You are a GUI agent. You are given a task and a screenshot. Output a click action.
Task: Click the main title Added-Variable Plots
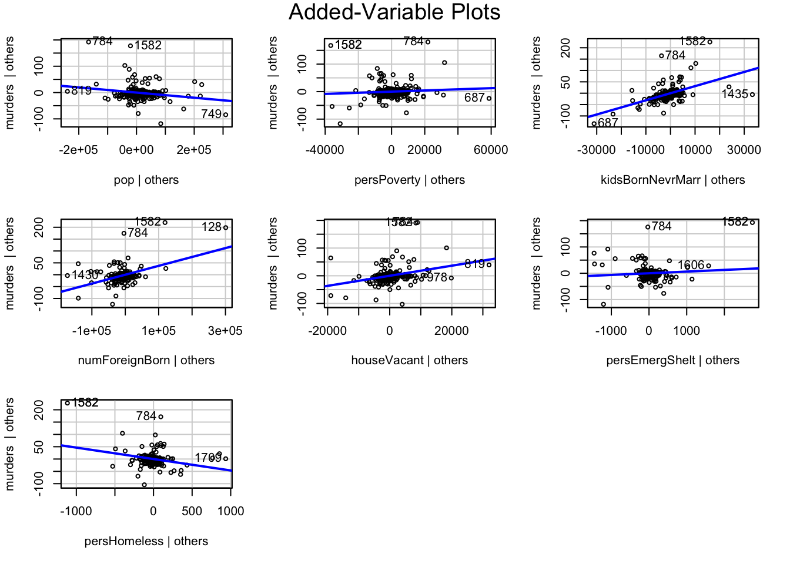[x=394, y=12]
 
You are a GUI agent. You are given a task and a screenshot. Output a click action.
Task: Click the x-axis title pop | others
[x=146, y=180]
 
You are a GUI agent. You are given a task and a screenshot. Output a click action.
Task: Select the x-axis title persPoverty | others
[x=410, y=180]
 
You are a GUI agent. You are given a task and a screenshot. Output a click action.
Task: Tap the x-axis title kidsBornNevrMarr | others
[x=672, y=180]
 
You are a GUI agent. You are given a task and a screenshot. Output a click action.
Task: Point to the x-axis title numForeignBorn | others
[x=146, y=360]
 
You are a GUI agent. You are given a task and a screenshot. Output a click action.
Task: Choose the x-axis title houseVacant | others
[x=410, y=360]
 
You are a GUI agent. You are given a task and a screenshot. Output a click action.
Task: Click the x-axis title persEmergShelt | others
[x=672, y=360]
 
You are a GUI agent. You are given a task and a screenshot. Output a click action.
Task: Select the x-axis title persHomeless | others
[x=146, y=541]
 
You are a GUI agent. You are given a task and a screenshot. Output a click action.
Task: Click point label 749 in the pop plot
[x=211, y=114]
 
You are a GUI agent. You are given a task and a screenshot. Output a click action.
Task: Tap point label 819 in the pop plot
[x=82, y=90]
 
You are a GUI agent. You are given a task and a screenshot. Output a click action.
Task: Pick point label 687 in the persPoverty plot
[x=474, y=98]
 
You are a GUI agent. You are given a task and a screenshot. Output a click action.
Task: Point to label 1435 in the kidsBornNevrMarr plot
[x=735, y=94]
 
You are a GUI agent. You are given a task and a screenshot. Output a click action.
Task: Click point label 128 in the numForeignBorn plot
[x=211, y=227]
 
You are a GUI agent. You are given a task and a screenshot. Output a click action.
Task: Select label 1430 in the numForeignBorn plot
[x=85, y=275]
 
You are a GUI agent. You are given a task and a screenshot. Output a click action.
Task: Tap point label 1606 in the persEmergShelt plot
[x=691, y=265]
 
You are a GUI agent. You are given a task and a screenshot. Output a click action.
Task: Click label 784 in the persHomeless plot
[x=146, y=416]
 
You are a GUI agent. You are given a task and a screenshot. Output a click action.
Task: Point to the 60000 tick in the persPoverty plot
[x=491, y=150]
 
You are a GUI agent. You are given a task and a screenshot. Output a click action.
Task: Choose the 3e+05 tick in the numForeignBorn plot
[x=225, y=331]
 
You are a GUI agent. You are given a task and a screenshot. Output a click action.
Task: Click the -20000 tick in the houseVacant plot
[x=327, y=331]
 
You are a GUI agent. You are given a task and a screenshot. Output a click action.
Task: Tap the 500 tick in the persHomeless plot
[x=192, y=511]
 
